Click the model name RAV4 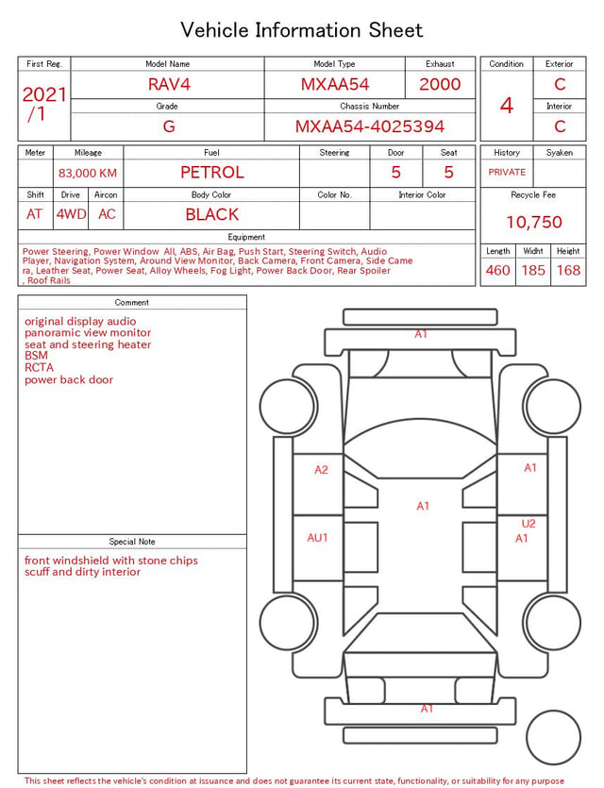pyautogui.click(x=169, y=84)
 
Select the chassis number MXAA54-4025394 pyautogui.click(x=370, y=126)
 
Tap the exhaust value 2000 pyautogui.click(x=440, y=84)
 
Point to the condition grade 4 pyautogui.click(x=507, y=106)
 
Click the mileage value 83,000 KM pyautogui.click(x=88, y=174)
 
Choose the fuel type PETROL pyautogui.click(x=212, y=173)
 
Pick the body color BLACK pyautogui.click(x=212, y=214)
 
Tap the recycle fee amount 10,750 pyautogui.click(x=533, y=222)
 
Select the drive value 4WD pyautogui.click(x=71, y=214)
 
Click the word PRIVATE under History pyautogui.click(x=507, y=172)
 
